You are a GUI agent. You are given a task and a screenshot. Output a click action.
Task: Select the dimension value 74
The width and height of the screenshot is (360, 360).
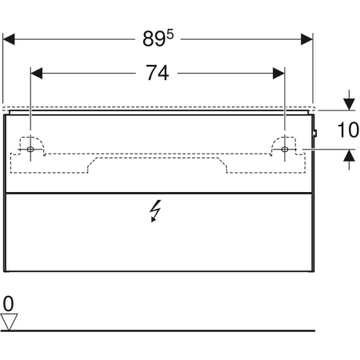click(x=158, y=73)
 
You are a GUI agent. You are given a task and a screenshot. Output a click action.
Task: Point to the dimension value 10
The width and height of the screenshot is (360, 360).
click(x=347, y=130)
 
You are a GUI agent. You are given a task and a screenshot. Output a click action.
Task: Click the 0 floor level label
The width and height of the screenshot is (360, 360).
click(x=9, y=304)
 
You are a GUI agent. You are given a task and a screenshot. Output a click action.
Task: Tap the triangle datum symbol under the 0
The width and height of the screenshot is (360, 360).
click(x=10, y=322)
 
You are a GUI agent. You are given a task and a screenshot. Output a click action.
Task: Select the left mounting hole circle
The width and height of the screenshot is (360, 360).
click(x=30, y=150)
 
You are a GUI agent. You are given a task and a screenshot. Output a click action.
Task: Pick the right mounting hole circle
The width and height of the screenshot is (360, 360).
click(x=285, y=150)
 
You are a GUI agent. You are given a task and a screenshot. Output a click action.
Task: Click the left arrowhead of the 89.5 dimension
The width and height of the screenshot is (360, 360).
click(x=10, y=38)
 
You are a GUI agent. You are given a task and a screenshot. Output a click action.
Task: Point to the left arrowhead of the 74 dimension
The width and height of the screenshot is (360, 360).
click(x=36, y=73)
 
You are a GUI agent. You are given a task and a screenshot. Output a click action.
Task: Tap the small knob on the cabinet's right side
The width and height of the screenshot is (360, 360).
click(x=316, y=133)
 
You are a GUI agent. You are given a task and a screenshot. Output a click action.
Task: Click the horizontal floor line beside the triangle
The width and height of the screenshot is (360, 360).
click(x=160, y=330)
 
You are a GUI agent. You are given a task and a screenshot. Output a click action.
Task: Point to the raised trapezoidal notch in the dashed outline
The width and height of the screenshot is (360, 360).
click(x=158, y=160)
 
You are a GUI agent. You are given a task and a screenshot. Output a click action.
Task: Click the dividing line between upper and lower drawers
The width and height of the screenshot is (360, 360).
click(x=158, y=193)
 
